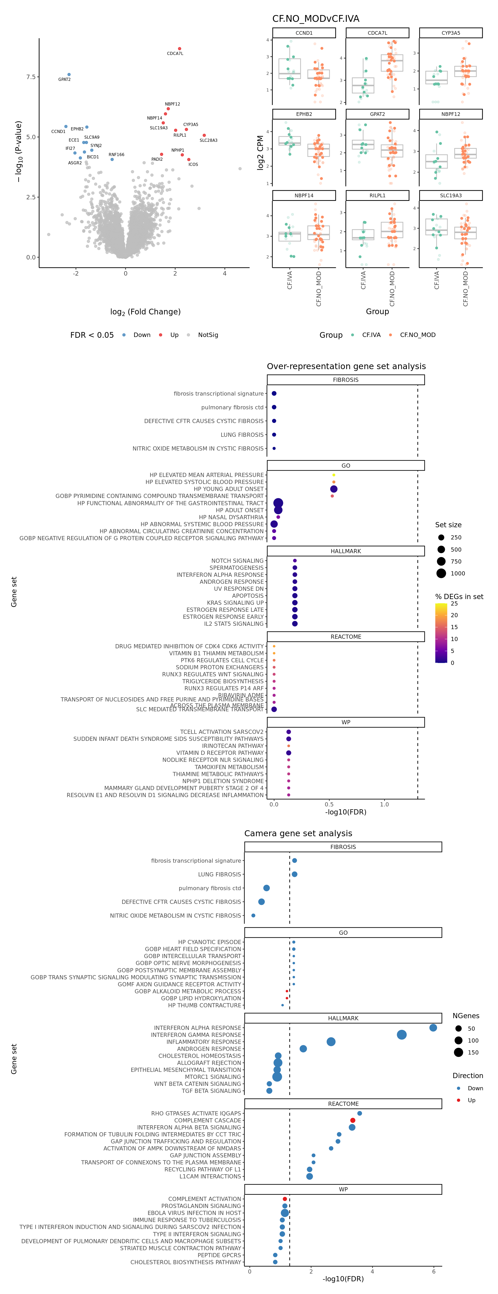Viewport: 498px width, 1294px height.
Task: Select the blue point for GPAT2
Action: (69, 74)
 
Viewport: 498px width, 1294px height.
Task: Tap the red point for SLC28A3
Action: (204, 135)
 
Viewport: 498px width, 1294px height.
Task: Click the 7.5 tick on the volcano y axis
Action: (31, 77)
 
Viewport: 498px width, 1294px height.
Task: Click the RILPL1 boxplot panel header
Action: (377, 195)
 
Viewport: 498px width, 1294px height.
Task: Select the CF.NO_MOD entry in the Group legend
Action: (417, 335)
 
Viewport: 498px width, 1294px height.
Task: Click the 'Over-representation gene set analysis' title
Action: (346, 366)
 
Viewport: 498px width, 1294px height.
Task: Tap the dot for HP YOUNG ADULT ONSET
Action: (334, 489)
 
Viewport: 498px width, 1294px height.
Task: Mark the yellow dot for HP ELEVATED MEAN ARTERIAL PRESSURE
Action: (334, 475)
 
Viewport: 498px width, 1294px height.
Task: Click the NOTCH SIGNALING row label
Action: (237, 561)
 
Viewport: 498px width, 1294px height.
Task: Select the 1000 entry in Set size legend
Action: (457, 573)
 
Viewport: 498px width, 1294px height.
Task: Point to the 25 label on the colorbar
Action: (454, 603)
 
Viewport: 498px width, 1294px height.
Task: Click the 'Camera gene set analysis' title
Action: (298, 833)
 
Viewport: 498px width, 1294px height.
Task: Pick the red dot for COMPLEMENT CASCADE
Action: (352, 1120)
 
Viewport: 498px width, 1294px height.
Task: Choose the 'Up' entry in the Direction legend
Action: (471, 1100)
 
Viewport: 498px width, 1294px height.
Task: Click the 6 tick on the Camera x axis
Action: (434, 1271)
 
